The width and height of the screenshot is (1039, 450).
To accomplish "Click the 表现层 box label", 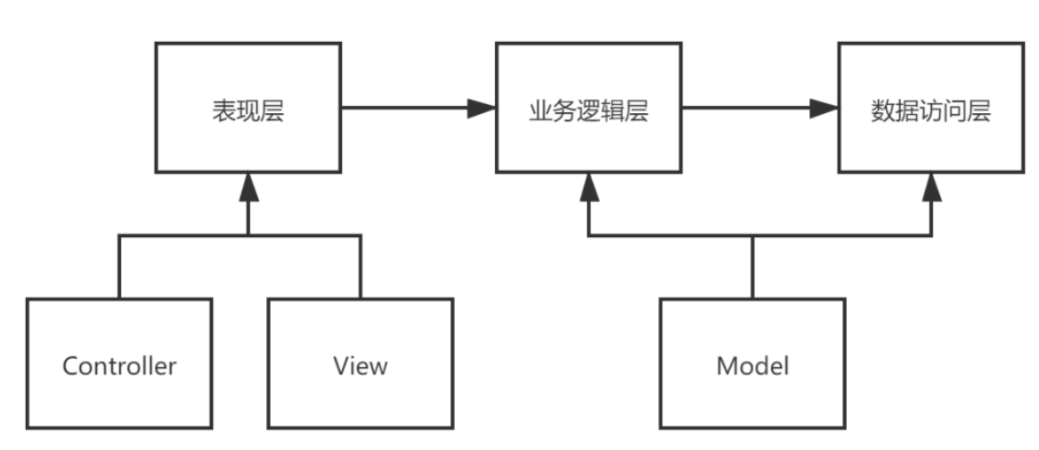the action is (248, 110).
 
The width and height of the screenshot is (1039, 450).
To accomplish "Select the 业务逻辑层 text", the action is (588, 110).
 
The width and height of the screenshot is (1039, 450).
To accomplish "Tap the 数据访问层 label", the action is (930, 110).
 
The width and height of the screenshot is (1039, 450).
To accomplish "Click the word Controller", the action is (119, 366).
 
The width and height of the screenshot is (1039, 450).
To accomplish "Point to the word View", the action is (361, 366).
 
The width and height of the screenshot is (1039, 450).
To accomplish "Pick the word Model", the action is (752, 366).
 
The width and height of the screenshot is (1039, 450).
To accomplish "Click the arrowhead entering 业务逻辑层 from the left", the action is (482, 108).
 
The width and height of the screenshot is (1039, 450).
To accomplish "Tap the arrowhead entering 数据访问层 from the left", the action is (824, 108).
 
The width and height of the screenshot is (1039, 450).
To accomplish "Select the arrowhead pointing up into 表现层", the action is (248, 187).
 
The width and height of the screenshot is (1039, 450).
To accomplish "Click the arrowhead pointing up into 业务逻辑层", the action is (589, 187).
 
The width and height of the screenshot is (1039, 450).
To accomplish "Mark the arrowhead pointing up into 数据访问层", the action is (931, 187).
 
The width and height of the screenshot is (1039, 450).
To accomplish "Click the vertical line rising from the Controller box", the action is (119, 266).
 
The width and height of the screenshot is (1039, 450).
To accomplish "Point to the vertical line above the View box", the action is (361, 266).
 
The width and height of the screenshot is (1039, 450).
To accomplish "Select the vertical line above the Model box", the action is (752, 267).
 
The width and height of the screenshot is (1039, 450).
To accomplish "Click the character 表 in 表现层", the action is (223, 110).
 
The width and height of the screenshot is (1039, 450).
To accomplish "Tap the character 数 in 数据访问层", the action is (882, 110).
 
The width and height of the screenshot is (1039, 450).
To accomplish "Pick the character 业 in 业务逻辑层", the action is (540, 110).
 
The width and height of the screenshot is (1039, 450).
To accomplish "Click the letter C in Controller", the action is (70, 366).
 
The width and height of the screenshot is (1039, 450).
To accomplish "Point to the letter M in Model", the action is (726, 366).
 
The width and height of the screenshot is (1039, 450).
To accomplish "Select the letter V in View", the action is (342, 366).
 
